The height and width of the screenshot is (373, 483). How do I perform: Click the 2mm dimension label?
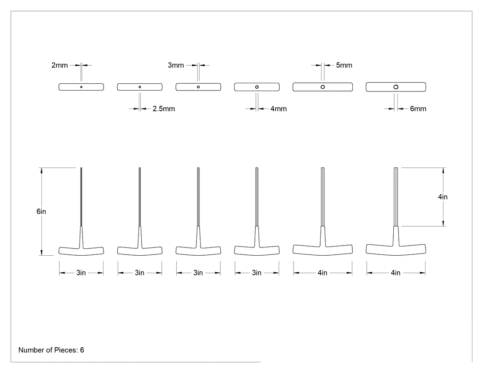(x=59, y=65)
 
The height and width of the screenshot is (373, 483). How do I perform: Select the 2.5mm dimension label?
(x=164, y=109)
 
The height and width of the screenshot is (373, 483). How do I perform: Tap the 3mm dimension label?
(x=176, y=65)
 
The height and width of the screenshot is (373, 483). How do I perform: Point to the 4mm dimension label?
(x=279, y=109)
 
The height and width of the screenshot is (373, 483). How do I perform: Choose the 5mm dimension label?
(x=344, y=65)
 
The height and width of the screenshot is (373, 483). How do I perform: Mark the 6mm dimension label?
(x=418, y=109)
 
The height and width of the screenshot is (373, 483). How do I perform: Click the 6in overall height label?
(x=41, y=211)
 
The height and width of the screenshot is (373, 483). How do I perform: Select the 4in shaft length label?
(x=443, y=197)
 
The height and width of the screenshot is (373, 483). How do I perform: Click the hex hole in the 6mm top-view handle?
(x=396, y=87)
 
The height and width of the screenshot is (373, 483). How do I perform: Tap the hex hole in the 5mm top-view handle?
(x=323, y=87)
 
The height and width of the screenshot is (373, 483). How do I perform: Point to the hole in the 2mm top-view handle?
(x=81, y=87)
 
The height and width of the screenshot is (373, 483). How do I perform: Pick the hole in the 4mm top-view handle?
(x=257, y=87)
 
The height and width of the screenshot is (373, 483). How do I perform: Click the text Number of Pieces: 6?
(x=51, y=350)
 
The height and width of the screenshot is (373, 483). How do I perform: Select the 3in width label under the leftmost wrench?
(x=81, y=273)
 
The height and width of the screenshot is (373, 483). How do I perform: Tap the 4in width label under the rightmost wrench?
(x=396, y=273)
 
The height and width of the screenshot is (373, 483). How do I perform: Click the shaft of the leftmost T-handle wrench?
(x=81, y=197)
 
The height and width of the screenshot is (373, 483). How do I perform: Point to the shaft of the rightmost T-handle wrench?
(x=396, y=197)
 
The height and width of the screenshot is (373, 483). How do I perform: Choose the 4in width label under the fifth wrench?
(x=322, y=273)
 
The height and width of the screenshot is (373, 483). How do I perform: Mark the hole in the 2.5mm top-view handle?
(x=140, y=87)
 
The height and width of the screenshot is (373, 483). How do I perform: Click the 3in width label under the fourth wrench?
(x=257, y=273)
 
